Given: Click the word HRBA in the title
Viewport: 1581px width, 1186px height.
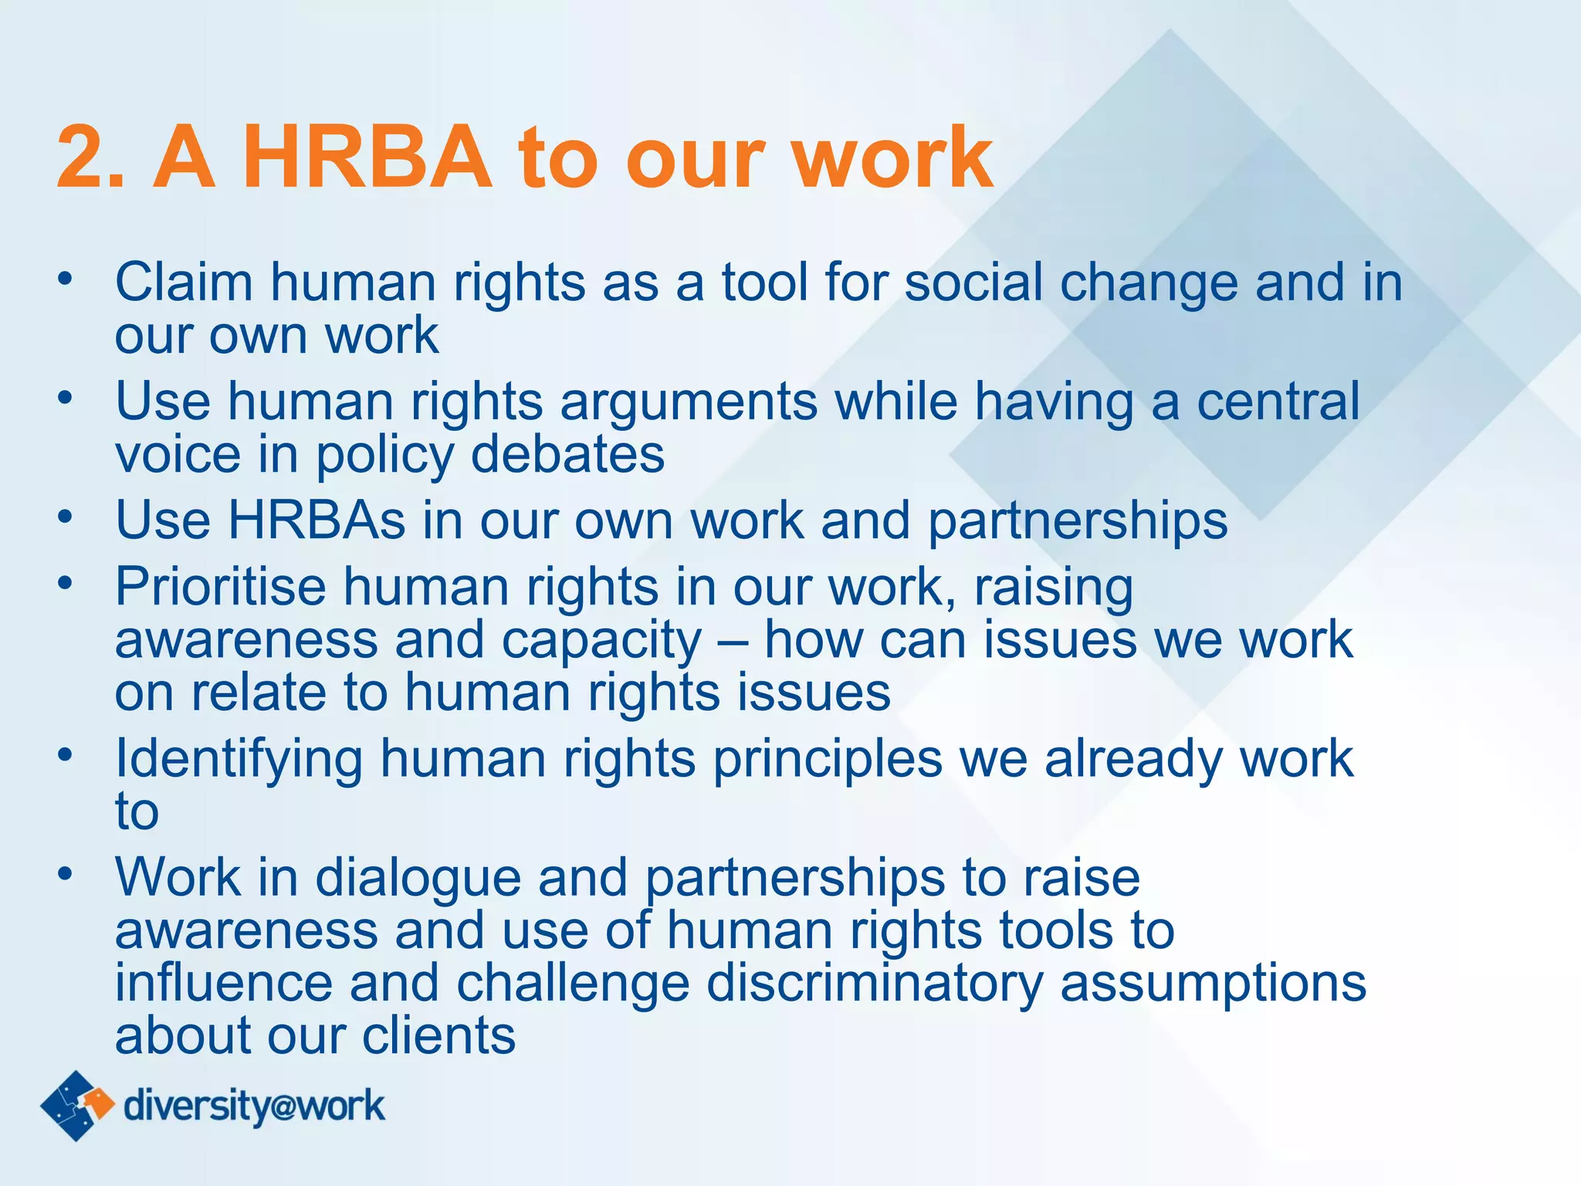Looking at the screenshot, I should coord(371,158).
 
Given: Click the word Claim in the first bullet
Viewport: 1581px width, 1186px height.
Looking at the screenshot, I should coord(184,282).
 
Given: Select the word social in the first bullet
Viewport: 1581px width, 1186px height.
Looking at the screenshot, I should coord(973,282).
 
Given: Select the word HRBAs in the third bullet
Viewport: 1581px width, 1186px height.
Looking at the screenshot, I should coord(317,520).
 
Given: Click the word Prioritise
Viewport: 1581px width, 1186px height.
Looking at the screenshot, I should coord(221,587).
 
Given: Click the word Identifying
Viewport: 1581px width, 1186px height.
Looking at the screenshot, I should coord(239,760).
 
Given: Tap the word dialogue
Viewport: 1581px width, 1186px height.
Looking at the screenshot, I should coord(418,879).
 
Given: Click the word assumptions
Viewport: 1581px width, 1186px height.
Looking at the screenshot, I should coord(1213,984).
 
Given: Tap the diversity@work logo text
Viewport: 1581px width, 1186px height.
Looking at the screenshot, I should coord(254,1106).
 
